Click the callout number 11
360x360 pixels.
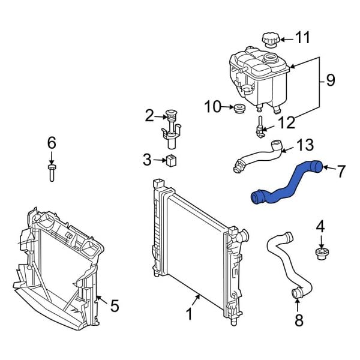click(x=304, y=38)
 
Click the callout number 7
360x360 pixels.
click(x=340, y=172)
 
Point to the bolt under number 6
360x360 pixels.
click(x=52, y=174)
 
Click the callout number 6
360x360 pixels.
click(x=52, y=143)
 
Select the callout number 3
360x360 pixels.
click(x=148, y=160)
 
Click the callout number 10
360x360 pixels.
click(x=213, y=107)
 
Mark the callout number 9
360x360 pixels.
click(x=330, y=80)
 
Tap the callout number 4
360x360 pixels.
click(x=320, y=227)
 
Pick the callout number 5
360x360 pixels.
click(x=114, y=306)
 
